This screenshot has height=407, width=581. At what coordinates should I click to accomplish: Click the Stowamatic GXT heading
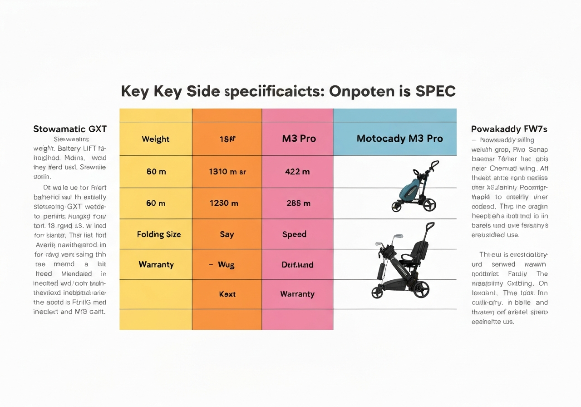click(70, 129)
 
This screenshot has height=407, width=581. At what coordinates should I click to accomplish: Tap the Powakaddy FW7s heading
click(509, 129)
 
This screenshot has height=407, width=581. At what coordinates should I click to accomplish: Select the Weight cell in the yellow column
click(156, 139)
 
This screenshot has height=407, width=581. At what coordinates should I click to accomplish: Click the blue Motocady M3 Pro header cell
click(399, 139)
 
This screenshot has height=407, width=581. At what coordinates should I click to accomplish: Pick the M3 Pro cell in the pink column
click(299, 139)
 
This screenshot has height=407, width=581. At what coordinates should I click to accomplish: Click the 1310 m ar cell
click(227, 172)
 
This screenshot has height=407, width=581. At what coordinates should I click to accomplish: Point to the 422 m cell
click(297, 172)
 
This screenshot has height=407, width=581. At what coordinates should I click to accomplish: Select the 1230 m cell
click(223, 203)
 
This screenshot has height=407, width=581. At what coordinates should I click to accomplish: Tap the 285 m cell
click(298, 203)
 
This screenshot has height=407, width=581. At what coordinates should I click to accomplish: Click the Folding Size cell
click(159, 234)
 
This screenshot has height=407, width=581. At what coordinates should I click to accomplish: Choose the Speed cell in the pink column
click(294, 234)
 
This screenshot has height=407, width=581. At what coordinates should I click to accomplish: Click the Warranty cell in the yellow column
click(156, 264)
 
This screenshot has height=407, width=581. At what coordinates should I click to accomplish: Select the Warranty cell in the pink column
click(297, 294)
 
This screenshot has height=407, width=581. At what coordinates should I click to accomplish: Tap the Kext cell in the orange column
click(227, 294)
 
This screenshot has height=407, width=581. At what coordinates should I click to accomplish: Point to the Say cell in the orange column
click(226, 234)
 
